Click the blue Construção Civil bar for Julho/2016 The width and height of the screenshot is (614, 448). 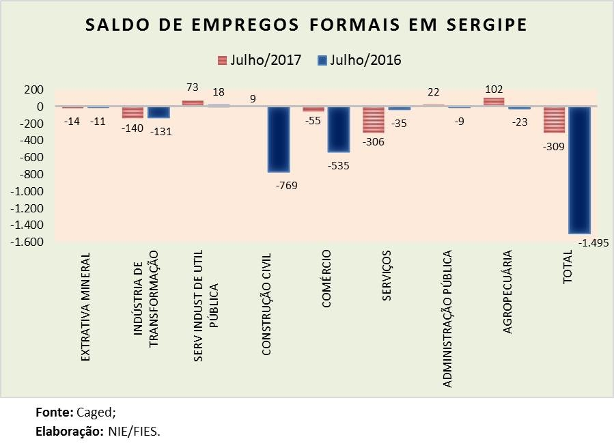[279, 139]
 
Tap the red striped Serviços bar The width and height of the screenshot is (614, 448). [374, 120]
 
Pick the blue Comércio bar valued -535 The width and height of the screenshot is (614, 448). [338, 130]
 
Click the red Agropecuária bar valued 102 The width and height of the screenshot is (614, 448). [494, 102]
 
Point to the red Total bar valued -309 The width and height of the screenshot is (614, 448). [554, 120]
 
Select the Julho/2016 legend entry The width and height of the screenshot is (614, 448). [360, 60]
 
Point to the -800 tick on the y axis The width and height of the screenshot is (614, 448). [31, 174]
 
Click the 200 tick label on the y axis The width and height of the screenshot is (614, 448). [33, 90]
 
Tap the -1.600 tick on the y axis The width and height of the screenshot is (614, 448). [25, 242]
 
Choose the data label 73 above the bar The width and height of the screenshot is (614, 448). [193, 88]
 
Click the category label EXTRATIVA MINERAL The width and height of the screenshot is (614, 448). [86, 307]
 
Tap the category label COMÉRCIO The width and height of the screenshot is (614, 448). [326, 280]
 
